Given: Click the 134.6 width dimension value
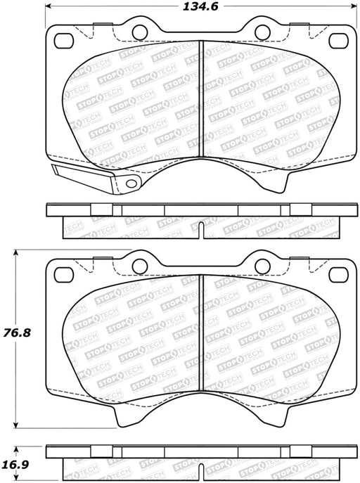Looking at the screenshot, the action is (200, 6).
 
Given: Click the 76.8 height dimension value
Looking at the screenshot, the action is (17, 333).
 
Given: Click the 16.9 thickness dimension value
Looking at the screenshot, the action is (17, 464).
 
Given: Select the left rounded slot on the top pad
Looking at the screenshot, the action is (64, 41).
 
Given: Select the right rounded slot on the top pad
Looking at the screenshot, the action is (338, 41).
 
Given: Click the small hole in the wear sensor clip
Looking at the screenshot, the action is (131, 183).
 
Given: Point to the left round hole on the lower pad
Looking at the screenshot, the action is (140, 266).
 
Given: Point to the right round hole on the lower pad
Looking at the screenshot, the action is (263, 266).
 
